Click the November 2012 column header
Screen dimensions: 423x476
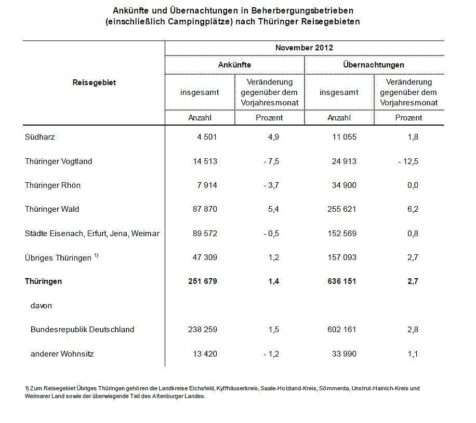point(304,48)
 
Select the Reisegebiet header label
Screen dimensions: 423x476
point(94,83)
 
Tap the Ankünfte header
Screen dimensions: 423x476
point(234,65)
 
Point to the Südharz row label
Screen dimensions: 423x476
point(39,137)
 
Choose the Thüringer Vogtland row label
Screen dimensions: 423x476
point(58,161)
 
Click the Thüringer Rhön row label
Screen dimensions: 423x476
point(52,185)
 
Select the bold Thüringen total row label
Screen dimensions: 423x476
point(43,281)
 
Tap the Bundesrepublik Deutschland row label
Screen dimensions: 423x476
point(82,330)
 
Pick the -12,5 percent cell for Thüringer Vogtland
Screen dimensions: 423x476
point(408,161)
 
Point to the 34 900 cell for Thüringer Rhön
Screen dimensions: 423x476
point(343,185)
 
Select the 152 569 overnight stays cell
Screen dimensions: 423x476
point(341,234)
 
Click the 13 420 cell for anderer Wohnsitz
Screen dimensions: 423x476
point(203,354)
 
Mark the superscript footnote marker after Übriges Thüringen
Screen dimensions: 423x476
point(97,255)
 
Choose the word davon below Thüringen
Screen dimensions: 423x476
point(41,306)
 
